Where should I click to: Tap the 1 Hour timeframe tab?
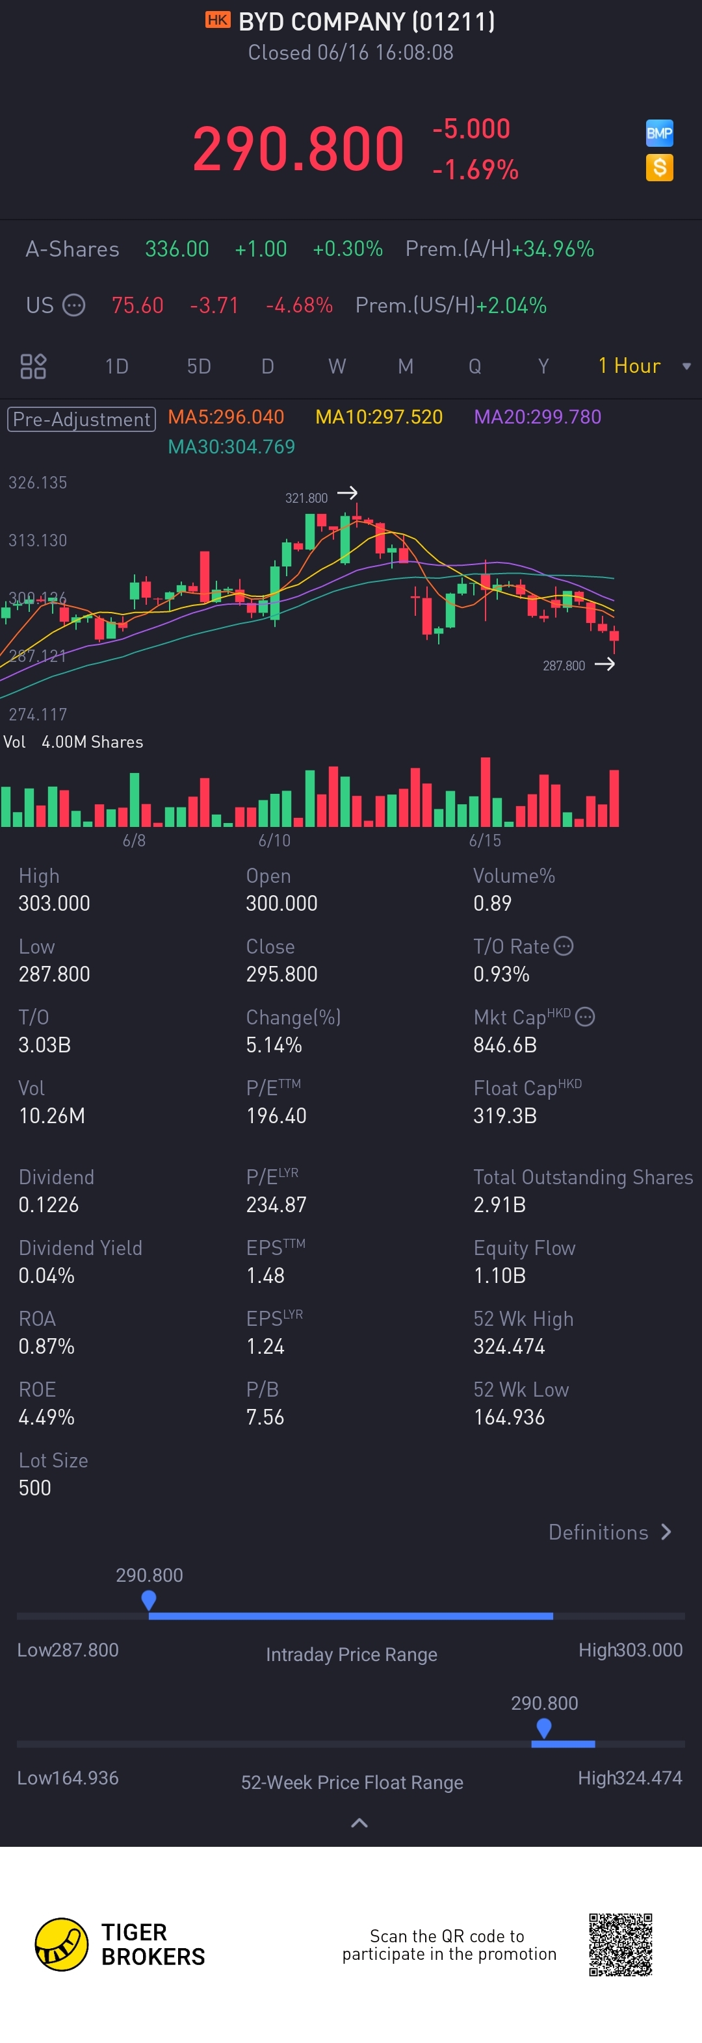click(629, 366)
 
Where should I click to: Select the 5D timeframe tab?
click(198, 366)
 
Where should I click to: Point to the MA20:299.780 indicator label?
click(537, 417)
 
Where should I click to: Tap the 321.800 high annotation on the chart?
click(306, 498)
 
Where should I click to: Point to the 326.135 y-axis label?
click(37, 482)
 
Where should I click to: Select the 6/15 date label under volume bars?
click(485, 841)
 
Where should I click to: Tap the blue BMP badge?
click(659, 133)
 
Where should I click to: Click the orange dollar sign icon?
click(659, 168)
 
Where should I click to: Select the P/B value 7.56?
click(265, 1417)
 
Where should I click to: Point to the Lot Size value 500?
click(35, 1488)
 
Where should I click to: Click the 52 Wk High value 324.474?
click(509, 1347)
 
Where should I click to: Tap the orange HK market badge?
click(217, 20)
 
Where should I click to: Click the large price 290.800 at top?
click(298, 149)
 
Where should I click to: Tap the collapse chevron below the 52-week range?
click(359, 1823)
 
